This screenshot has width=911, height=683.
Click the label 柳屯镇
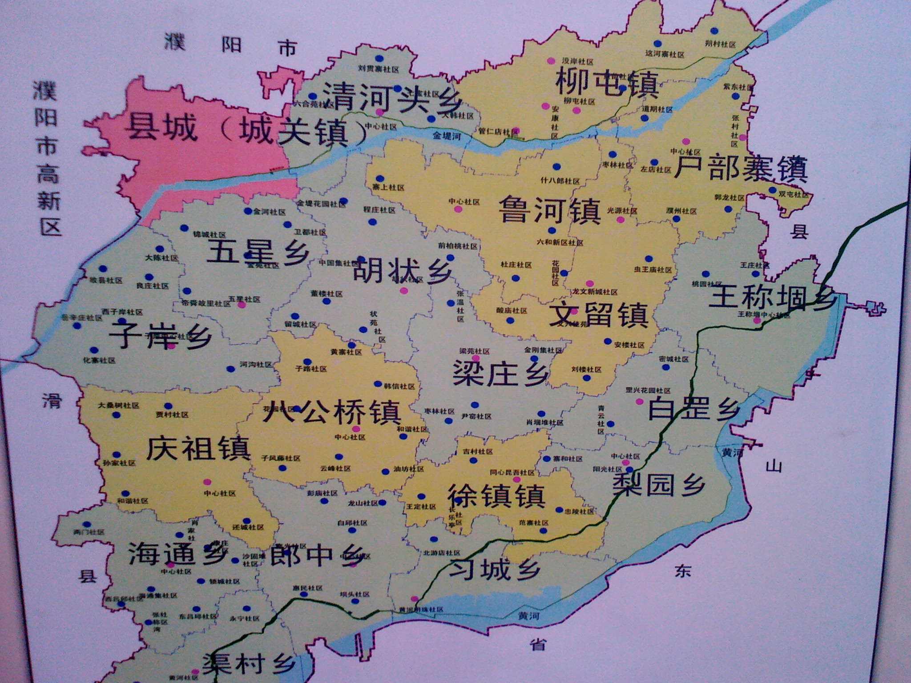pyautogui.click(x=607, y=83)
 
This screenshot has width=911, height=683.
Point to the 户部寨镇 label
pyautogui.click(x=740, y=169)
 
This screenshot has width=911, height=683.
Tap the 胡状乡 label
pyautogui.click(x=403, y=271)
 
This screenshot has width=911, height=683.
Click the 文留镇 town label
pyautogui.click(x=598, y=315)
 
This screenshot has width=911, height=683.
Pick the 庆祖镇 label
pyautogui.click(x=198, y=448)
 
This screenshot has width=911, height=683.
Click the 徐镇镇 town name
pyautogui.click(x=496, y=495)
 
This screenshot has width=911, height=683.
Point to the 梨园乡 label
pyautogui.click(x=659, y=484)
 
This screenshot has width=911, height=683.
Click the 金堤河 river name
pyautogui.click(x=447, y=136)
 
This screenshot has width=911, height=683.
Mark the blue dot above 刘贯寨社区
pyautogui.click(x=379, y=58)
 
